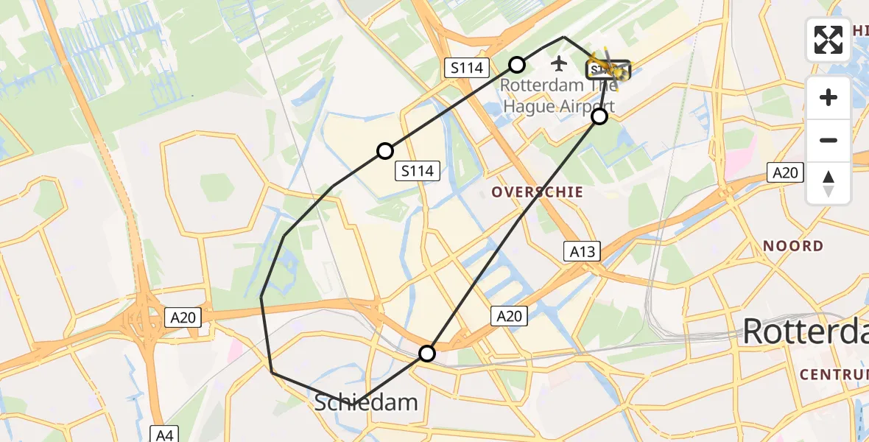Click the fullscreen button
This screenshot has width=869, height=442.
pyautogui.click(x=828, y=40)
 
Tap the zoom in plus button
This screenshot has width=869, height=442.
pyautogui.click(x=828, y=97)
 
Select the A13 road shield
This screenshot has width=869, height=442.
pyautogui.click(x=582, y=250)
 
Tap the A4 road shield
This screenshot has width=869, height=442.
pyautogui.click(x=164, y=434)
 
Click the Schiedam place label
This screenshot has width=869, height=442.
pyautogui.click(x=366, y=402)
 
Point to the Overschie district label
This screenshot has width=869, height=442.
pyautogui.click(x=538, y=192)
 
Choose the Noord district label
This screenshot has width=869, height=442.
pyautogui.click(x=792, y=245)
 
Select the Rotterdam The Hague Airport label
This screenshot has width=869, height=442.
pyautogui.click(x=557, y=95)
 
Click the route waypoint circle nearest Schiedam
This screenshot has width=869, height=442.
pyautogui.click(x=427, y=354)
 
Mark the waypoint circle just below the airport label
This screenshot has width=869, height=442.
pyautogui.click(x=599, y=116)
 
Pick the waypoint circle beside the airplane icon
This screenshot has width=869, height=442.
pyautogui.click(x=518, y=64)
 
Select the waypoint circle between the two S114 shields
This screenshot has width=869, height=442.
pyautogui.click(x=384, y=151)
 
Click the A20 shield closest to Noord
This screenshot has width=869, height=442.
pyautogui.click(x=784, y=173)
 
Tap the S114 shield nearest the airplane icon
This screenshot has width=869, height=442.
pyautogui.click(x=467, y=69)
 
